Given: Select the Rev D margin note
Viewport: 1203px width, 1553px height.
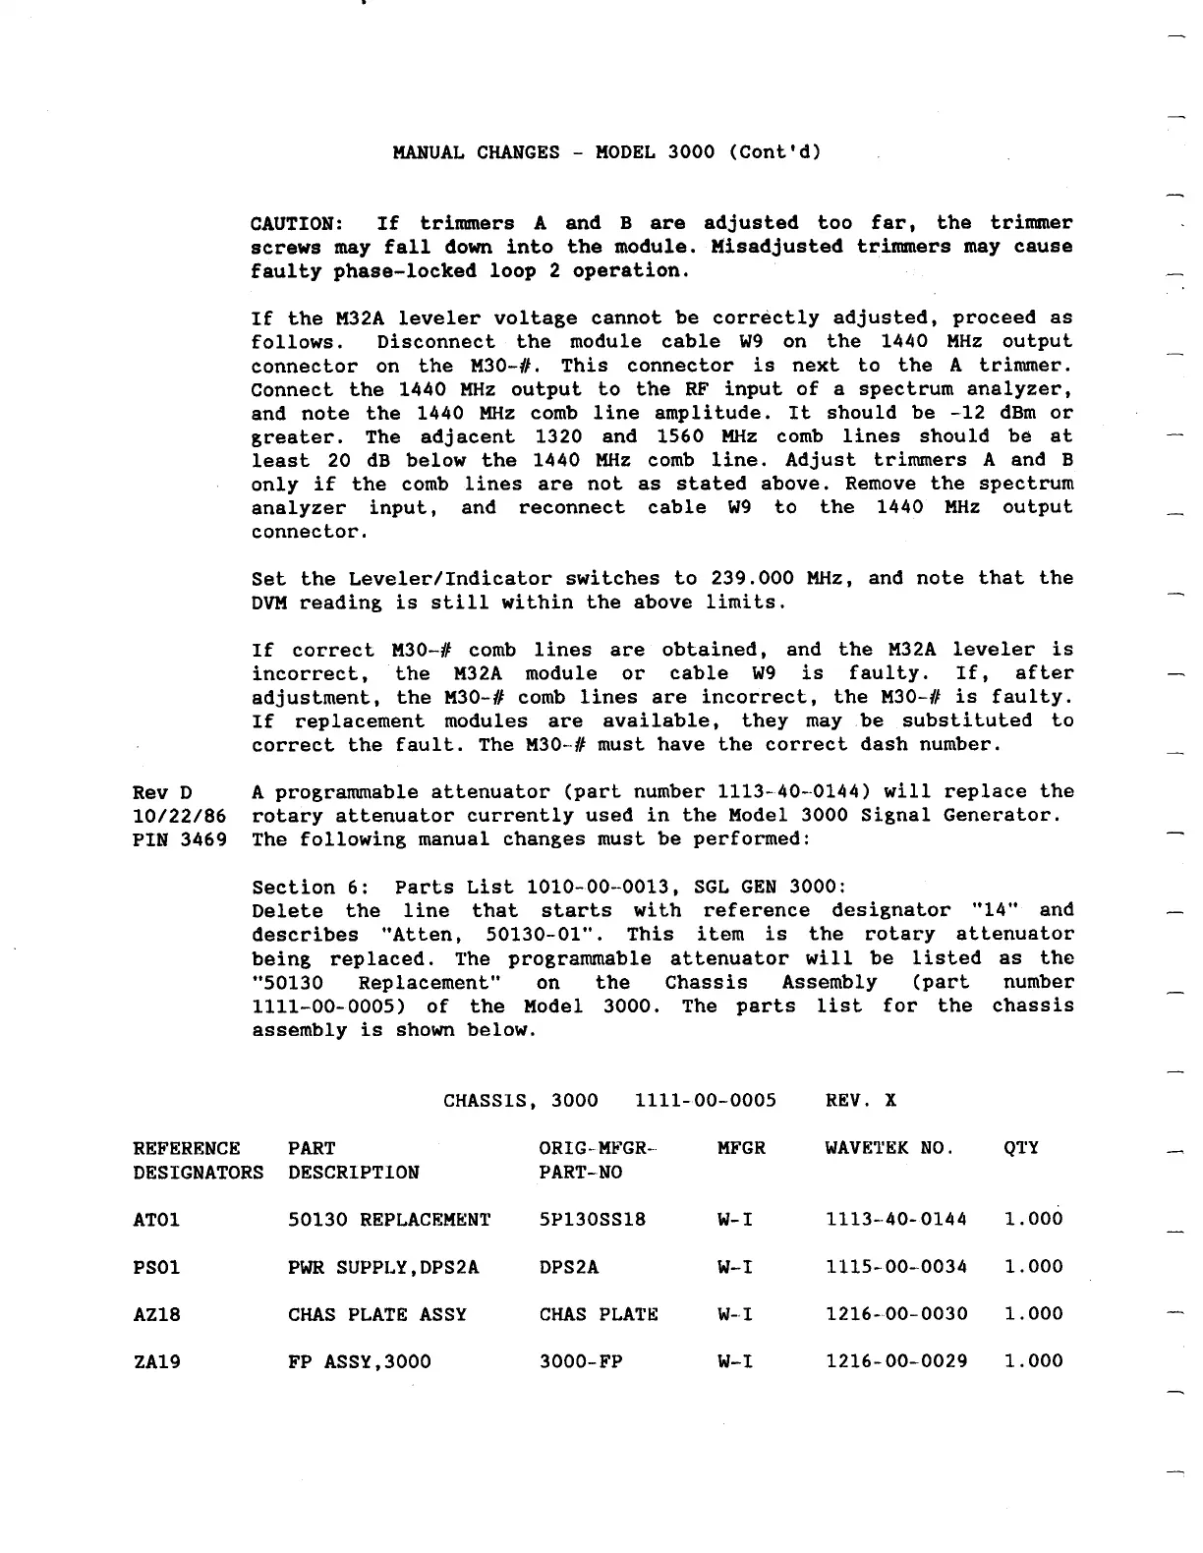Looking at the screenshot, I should pyautogui.click(x=162, y=792).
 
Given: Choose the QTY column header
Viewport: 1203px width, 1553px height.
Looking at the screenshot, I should pyautogui.click(x=1021, y=1148).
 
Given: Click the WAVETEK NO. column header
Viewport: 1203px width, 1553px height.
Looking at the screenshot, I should pyautogui.click(x=889, y=1148).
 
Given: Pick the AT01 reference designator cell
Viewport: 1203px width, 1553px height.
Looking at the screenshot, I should pyautogui.click(x=156, y=1220).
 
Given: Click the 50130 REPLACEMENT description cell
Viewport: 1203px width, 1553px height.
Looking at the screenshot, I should pyautogui.click(x=389, y=1220).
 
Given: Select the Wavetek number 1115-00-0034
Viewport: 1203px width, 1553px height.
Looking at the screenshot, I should pyautogui.click(x=896, y=1267).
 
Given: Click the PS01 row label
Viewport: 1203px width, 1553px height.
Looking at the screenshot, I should pyautogui.click(x=156, y=1267).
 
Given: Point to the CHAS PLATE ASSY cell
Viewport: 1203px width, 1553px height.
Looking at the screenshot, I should pyautogui.click(x=377, y=1314).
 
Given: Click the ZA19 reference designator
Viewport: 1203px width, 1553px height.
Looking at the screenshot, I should pyautogui.click(x=156, y=1361).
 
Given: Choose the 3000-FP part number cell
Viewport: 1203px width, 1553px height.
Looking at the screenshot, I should pyautogui.click(x=581, y=1361).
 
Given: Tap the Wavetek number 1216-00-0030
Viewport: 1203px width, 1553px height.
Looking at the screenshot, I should pyautogui.click(x=896, y=1314).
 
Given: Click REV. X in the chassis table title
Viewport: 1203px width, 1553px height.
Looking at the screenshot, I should pyautogui.click(x=861, y=1100).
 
